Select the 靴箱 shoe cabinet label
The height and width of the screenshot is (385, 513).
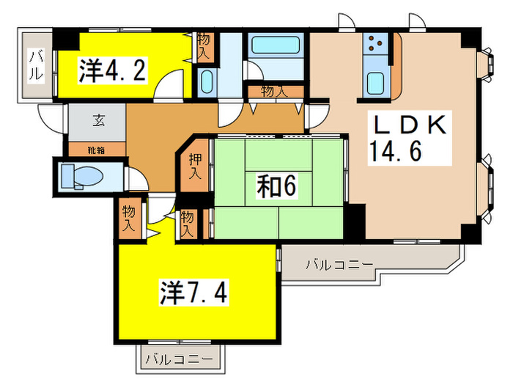97,150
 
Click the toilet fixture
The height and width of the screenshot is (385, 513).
73,177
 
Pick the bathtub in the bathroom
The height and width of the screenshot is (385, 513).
275,47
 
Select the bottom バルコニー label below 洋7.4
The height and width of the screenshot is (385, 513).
178,359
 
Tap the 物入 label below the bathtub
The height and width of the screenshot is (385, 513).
273,91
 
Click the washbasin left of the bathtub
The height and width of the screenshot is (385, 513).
206,81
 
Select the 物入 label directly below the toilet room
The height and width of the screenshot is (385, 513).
129,218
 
